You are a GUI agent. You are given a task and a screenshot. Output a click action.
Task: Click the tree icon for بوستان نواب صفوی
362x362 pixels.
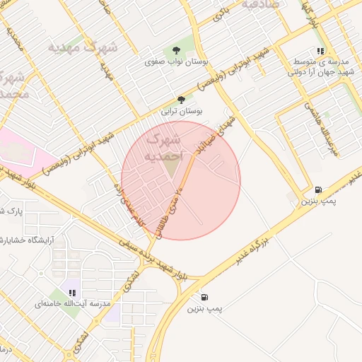(x=175, y=49)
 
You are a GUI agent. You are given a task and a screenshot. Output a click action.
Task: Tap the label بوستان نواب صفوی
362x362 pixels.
(x=170, y=62)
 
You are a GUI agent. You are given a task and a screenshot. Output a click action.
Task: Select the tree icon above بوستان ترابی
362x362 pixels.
(x=182, y=100)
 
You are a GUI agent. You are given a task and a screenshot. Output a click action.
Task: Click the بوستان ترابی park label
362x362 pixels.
(x=182, y=112)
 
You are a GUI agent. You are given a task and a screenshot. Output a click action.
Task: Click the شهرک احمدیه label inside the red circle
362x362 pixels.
(x=163, y=146)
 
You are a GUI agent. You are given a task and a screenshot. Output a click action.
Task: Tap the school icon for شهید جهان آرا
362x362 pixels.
(x=321, y=51)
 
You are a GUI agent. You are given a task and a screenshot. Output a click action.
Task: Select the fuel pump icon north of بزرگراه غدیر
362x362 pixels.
(x=317, y=189)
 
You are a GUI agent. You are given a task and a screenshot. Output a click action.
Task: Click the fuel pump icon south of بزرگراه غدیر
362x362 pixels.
(x=204, y=297)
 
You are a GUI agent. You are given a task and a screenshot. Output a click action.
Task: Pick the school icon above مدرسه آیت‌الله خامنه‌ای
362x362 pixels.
(x=73, y=291)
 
